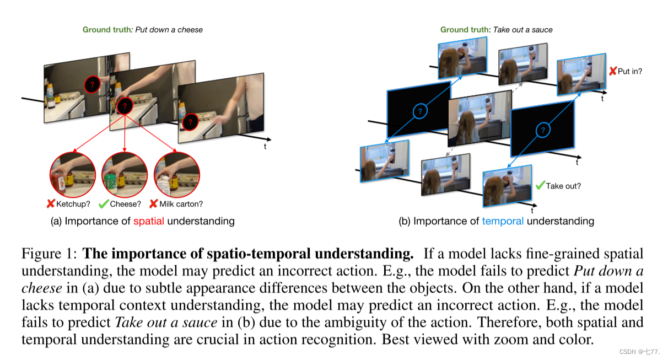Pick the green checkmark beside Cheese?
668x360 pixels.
coord(103,204)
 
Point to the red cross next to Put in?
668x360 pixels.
coord(612,71)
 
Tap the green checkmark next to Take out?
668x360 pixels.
coord(540,185)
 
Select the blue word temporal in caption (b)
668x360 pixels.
coord(502,221)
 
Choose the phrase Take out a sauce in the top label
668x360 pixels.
coord(522,29)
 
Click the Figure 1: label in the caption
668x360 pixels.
coord(50,254)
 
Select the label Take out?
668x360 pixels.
coord(563,186)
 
